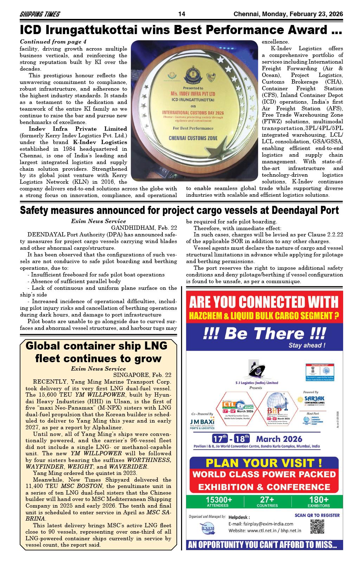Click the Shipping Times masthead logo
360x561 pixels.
coord(40,14)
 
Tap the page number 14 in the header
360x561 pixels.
coord(182,14)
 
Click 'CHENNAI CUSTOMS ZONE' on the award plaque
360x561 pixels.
coord(193,138)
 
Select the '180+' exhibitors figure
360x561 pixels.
coord(319,500)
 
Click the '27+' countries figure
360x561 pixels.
coord(267,500)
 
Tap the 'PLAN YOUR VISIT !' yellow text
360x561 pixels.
coord(264,463)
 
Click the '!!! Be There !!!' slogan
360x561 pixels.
coord(264,333)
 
